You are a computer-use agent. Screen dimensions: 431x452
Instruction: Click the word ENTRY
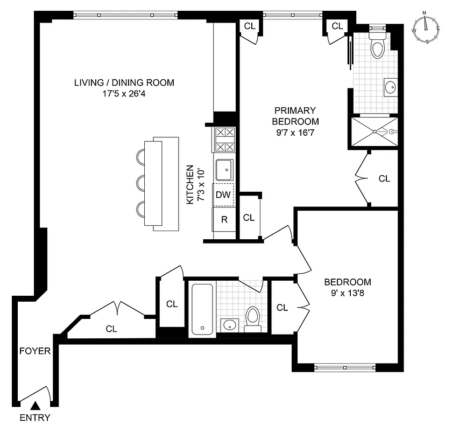point(35,418)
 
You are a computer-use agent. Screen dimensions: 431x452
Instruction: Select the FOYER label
point(35,351)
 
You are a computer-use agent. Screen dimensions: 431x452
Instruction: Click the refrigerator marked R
point(224,219)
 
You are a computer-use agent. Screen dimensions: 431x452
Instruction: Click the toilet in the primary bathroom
point(378,45)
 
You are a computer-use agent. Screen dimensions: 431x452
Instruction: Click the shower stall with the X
point(373,130)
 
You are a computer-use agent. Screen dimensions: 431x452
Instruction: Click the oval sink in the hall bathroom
point(230,324)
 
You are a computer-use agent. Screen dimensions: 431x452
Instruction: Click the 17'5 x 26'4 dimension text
point(124,93)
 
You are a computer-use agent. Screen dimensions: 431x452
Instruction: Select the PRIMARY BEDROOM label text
point(295,116)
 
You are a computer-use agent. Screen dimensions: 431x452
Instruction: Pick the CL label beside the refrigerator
point(248,218)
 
